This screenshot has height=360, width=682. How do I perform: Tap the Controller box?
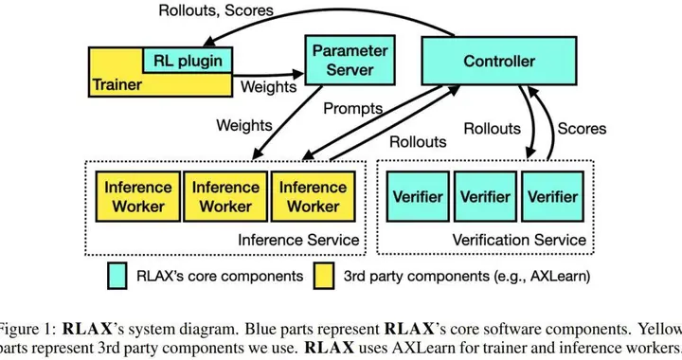pyautogui.click(x=498, y=62)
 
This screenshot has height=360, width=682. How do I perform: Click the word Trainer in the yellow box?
pyautogui.click(x=119, y=84)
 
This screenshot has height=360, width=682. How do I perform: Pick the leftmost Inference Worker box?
pyautogui.click(x=138, y=196)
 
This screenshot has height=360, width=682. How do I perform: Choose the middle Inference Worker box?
pyautogui.click(x=225, y=196)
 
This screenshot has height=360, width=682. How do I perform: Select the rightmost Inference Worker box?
pyautogui.click(x=312, y=196)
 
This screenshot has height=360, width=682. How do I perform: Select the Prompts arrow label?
pyautogui.click(x=353, y=109)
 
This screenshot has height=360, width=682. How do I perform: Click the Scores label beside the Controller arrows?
pyautogui.click(x=581, y=128)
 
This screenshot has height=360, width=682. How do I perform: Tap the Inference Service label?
pyautogui.click(x=297, y=240)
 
